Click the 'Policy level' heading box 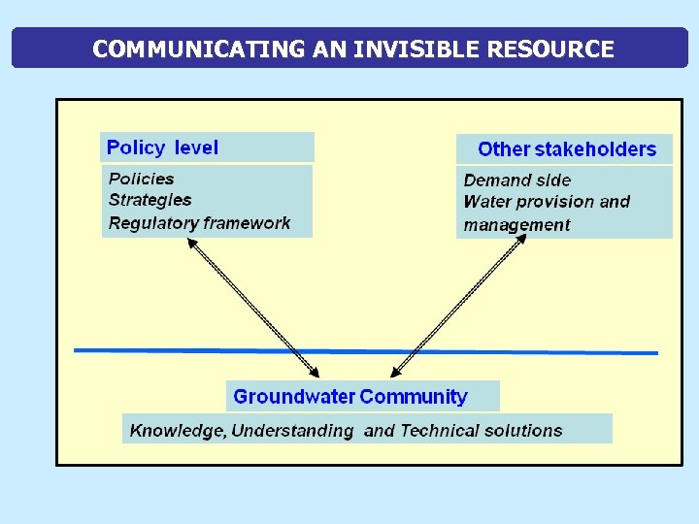[208, 147]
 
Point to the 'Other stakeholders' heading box [565, 149]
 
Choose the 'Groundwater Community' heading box [363, 396]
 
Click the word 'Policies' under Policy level [142, 179]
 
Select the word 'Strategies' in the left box [150, 200]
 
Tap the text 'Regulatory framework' [199, 223]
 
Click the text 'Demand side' [516, 180]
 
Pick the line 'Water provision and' [547, 202]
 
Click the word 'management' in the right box [516, 225]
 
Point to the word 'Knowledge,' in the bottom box [178, 430]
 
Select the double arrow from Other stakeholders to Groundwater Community [458, 309]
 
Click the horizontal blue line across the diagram [146, 350]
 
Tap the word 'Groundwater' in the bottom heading [293, 396]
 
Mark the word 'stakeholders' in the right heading [595, 149]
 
